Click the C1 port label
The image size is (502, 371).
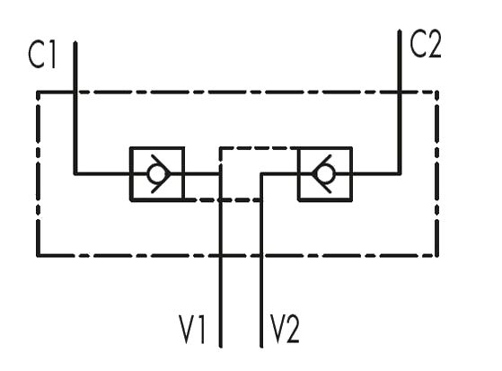tap(42, 55)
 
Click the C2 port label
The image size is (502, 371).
tap(426, 45)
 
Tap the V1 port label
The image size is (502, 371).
tap(192, 330)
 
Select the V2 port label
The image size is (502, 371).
tap(285, 330)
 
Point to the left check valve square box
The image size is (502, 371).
tap(129, 174)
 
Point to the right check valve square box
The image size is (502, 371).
tap(353, 174)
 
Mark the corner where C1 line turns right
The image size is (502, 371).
tap(75, 174)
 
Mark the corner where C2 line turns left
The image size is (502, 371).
tap(400, 174)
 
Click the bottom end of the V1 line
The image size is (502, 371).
tap(221, 347)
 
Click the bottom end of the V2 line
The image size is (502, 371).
tap(261, 347)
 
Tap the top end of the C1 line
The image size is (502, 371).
tap(75, 42)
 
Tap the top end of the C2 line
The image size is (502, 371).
tap(400, 31)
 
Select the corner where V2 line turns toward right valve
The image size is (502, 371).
tap(261, 174)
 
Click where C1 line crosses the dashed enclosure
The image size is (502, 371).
tap(75, 93)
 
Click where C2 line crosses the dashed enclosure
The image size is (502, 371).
tap(400, 93)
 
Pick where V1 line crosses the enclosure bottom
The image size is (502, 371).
tap(221, 256)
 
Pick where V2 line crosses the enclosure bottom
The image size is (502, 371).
tap(261, 256)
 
